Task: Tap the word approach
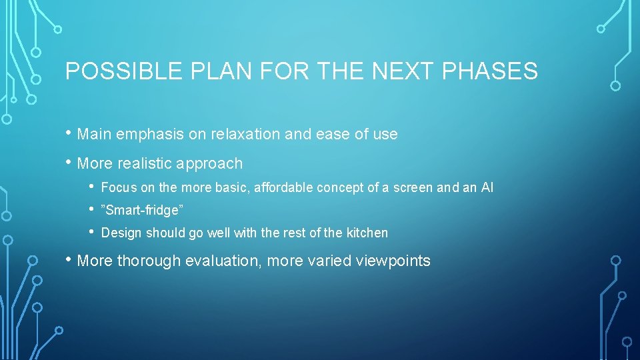(212, 163)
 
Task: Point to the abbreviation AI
(487, 188)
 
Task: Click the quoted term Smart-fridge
(142, 211)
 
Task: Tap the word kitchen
(365, 233)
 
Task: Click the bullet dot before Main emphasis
(70, 133)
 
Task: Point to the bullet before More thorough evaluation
(70, 260)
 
